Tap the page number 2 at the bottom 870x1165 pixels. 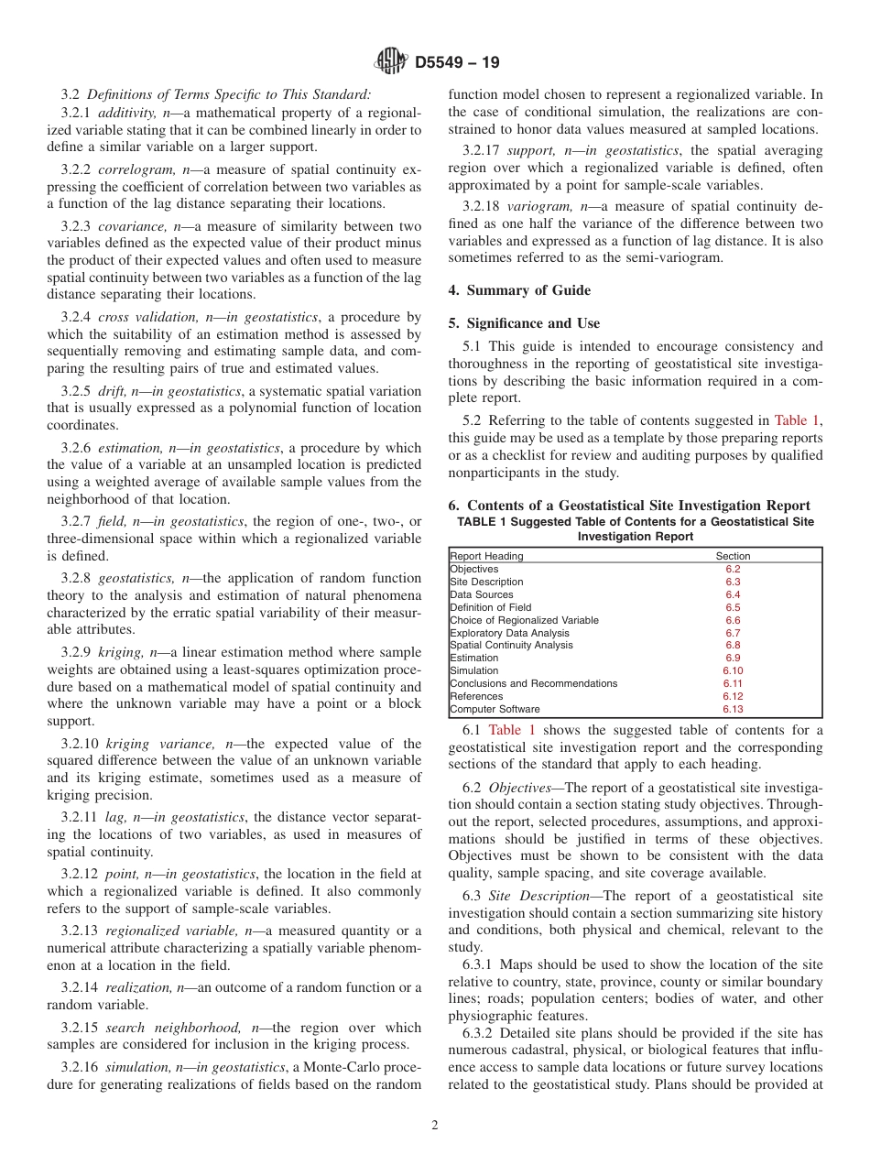click(435, 1126)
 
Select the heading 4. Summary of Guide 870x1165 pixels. click(519, 290)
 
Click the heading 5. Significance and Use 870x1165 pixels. click(524, 323)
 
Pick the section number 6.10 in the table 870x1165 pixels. click(732, 670)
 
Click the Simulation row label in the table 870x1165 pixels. click(474, 670)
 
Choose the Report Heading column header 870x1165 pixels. click(486, 556)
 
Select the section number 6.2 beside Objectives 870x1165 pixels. click(733, 569)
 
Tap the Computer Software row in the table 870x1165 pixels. click(495, 709)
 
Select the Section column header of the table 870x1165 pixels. click(732, 556)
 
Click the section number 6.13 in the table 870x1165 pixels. click(732, 709)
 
